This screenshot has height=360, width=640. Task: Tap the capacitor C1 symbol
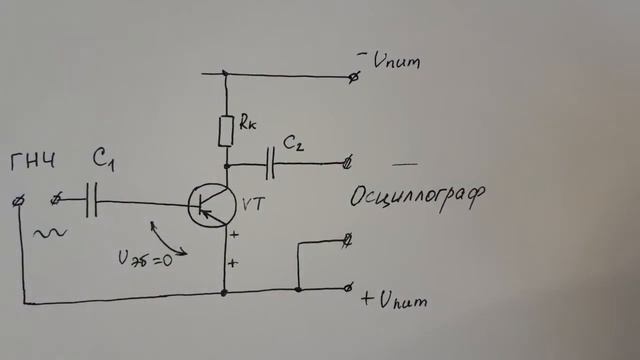tap(93, 201)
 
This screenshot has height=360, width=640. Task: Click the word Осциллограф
tap(417, 195)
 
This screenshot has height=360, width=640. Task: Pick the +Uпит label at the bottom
tap(398, 298)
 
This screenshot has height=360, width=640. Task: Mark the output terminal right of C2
tap(347, 162)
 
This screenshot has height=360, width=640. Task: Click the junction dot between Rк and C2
tap(226, 164)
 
